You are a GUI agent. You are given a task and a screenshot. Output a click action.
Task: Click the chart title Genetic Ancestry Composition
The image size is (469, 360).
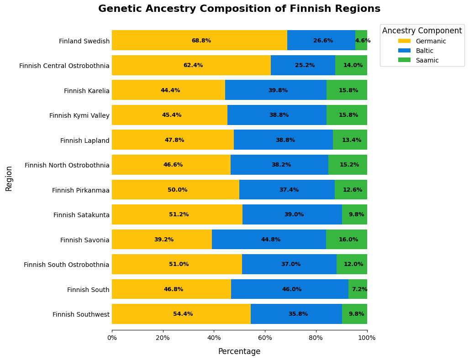(239, 9)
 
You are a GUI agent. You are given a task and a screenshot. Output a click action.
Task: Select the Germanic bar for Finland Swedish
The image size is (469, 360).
(199, 40)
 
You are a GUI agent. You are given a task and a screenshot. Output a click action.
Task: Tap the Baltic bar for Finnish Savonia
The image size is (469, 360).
(269, 240)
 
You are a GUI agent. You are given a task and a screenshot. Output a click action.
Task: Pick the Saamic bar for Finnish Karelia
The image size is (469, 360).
(347, 90)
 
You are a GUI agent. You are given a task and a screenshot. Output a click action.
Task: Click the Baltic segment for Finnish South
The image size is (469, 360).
(290, 289)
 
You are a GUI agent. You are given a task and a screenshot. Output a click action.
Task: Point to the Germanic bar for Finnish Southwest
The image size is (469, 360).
(181, 314)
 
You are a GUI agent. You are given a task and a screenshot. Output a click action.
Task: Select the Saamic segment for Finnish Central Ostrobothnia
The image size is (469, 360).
(351, 65)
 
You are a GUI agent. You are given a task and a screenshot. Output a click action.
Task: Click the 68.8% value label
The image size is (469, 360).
(201, 41)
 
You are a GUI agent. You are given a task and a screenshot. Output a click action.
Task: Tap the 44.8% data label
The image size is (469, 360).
(271, 240)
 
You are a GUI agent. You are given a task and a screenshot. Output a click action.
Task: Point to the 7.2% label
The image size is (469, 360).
(359, 289)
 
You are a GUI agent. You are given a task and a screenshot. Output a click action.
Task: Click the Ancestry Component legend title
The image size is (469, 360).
(422, 31)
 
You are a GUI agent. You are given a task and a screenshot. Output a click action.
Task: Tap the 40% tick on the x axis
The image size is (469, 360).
(214, 338)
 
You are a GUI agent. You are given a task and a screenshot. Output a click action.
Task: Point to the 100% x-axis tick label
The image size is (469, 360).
(367, 338)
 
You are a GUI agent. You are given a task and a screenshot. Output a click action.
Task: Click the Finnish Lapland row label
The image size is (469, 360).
(85, 141)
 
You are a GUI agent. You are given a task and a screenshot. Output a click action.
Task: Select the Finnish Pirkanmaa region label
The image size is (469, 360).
(81, 190)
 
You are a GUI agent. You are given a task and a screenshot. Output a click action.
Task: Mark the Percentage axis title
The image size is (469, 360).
(239, 351)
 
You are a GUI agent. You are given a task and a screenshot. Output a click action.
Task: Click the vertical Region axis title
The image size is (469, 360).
(9, 178)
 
